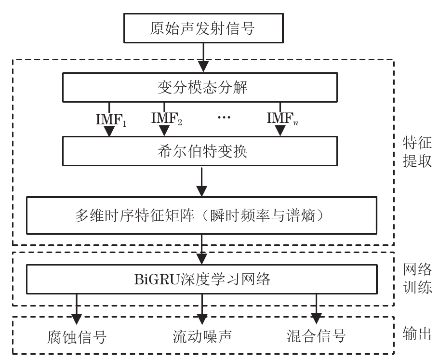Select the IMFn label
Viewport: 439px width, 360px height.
(x=282, y=118)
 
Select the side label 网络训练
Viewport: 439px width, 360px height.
(x=417, y=279)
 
